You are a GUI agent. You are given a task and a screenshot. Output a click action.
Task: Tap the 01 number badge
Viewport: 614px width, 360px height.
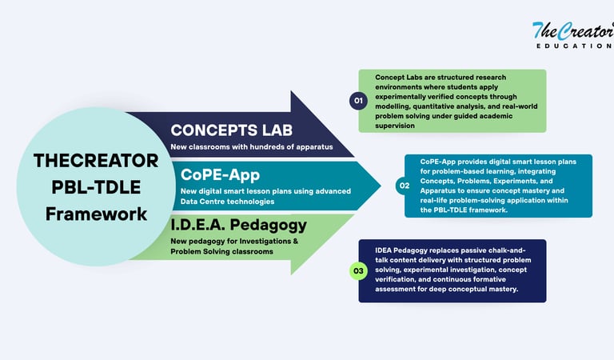(x=357, y=101)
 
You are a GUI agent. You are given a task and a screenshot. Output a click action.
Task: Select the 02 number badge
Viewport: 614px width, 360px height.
(x=404, y=186)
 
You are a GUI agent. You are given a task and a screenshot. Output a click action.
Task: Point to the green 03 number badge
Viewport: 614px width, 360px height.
(x=357, y=271)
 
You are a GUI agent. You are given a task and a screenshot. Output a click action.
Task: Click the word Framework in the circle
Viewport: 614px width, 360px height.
(x=96, y=214)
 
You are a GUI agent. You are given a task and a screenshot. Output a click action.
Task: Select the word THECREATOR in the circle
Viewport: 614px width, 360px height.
(x=96, y=160)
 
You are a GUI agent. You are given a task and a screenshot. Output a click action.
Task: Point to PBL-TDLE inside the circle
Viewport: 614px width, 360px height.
(x=96, y=187)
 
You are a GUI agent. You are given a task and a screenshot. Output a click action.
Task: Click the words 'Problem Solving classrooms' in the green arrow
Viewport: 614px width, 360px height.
(x=221, y=252)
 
